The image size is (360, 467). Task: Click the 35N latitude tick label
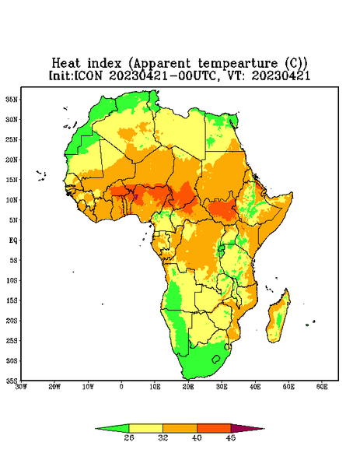point(12,99)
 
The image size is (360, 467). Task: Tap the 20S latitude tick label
point(12,321)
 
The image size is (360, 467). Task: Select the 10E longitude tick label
point(155,387)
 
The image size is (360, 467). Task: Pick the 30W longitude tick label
point(21,387)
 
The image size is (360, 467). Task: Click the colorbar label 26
point(129,437)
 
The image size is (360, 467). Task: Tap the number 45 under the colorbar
point(231,437)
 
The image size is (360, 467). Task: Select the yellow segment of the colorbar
point(145,429)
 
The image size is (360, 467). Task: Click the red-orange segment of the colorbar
point(214,429)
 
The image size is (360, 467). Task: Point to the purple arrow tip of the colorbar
point(264,429)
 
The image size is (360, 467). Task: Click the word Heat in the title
point(66,64)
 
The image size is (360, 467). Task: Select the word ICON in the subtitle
point(88,75)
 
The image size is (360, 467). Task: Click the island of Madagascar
point(279,318)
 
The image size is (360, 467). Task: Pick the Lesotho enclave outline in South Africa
point(215,359)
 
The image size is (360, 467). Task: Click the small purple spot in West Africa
point(136,197)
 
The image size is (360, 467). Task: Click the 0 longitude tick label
point(121,387)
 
